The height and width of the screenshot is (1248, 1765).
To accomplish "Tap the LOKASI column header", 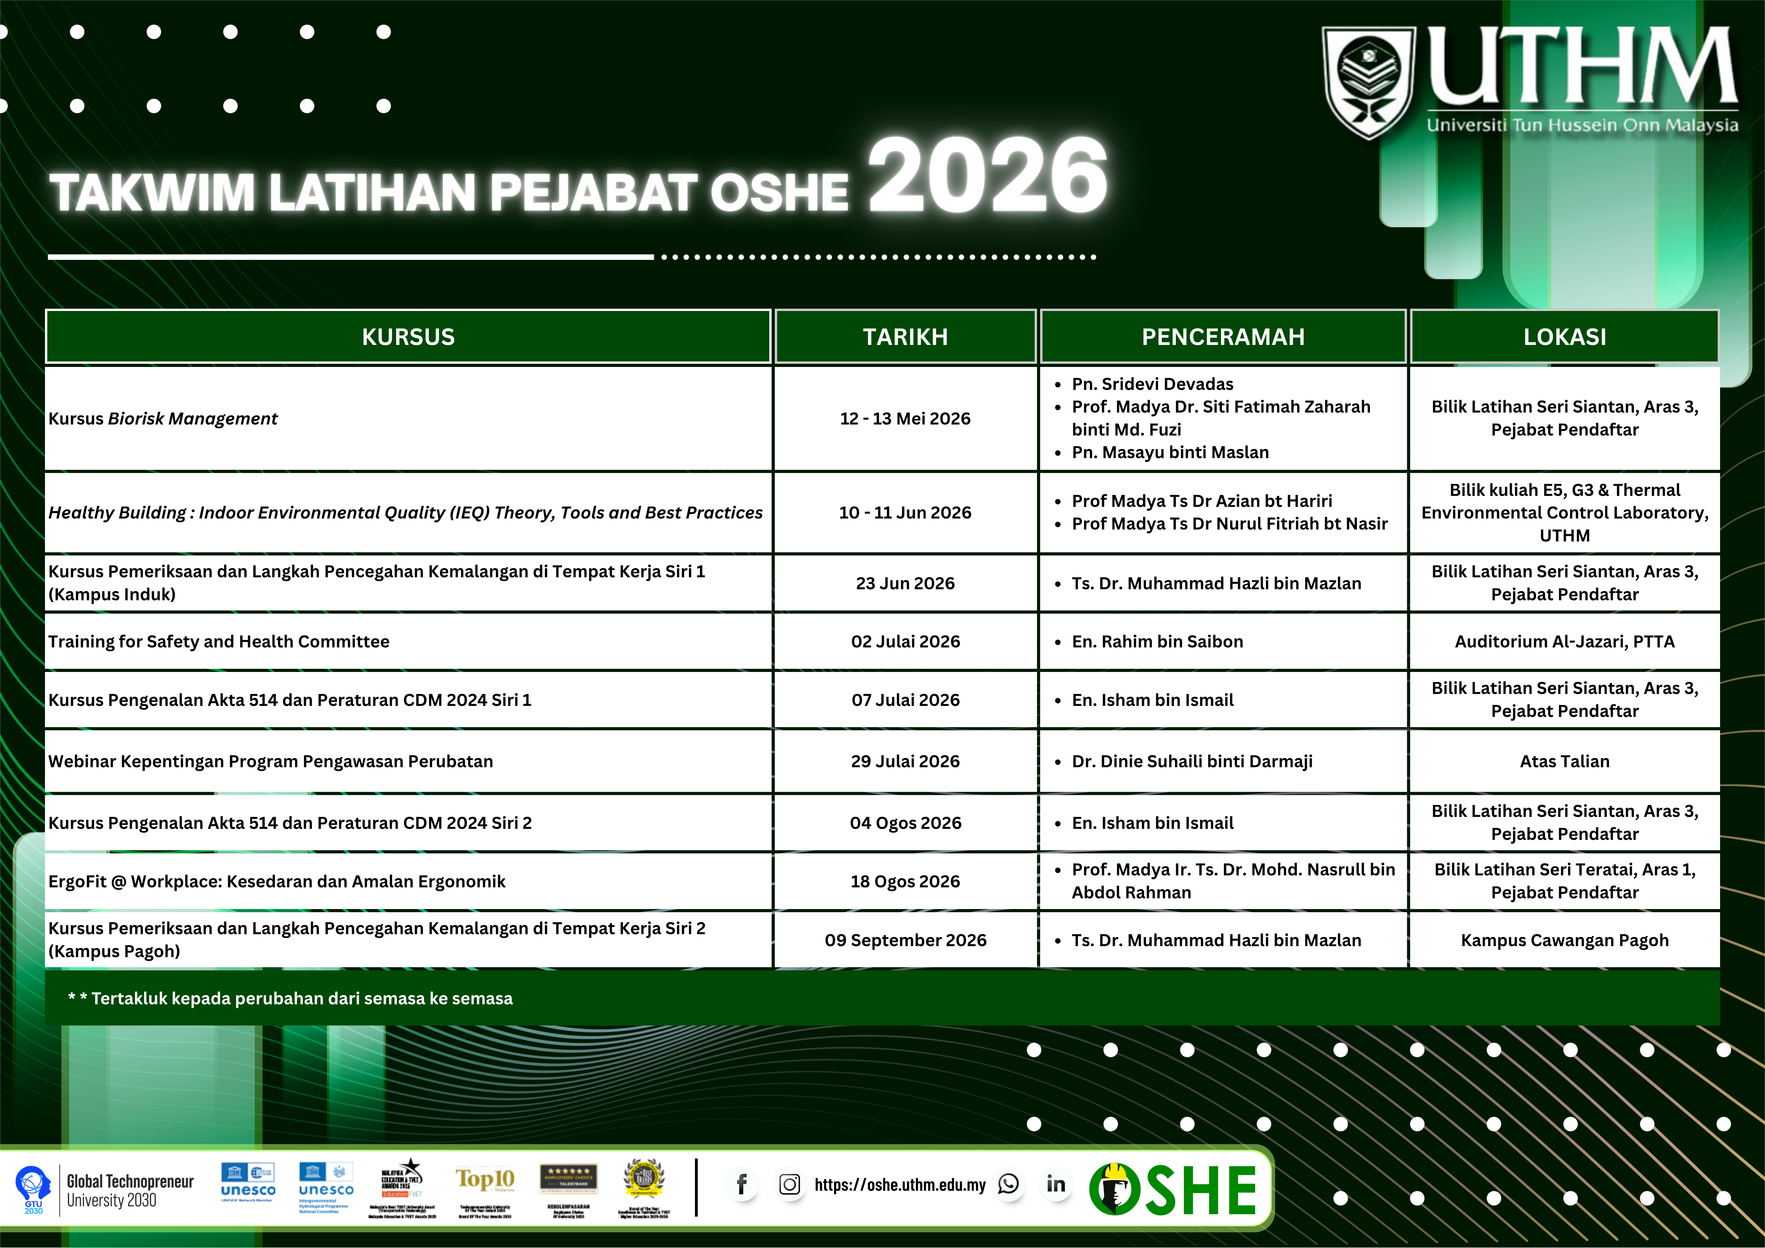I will pos(1564,336).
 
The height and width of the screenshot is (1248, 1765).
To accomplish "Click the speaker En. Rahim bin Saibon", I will pos(1157,642).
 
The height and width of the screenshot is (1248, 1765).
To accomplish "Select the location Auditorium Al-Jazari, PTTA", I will pos(1564,642).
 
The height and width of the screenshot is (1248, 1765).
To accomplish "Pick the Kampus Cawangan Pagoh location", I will pos(1564,940).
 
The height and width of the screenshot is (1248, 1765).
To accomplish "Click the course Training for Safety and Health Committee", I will pos(219,642).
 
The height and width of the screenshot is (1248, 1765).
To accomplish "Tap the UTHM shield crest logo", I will pos(1368,81).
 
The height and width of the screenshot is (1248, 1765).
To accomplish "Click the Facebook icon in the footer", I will pos(742,1184).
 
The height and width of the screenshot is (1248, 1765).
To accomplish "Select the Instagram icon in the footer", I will pos(790,1184).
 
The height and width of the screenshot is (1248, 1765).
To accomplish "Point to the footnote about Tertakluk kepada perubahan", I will pos(291,998).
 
